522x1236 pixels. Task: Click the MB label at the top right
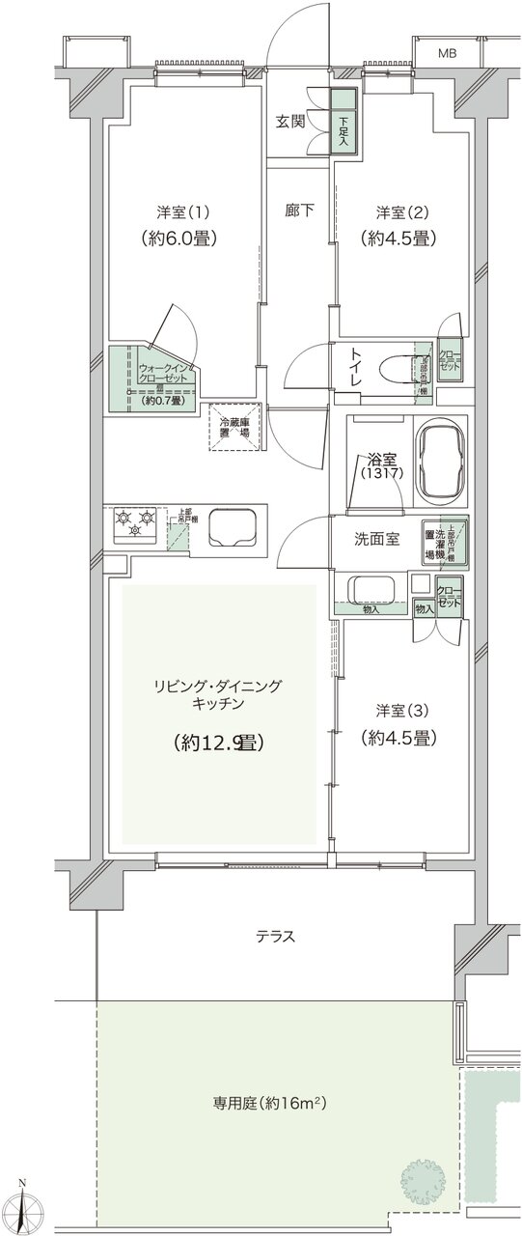click(x=449, y=53)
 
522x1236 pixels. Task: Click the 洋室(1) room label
click(x=182, y=211)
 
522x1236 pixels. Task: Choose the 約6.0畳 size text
click(x=181, y=239)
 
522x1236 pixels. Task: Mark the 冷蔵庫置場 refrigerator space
click(x=234, y=428)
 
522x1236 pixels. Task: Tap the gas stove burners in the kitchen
click(x=135, y=524)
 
